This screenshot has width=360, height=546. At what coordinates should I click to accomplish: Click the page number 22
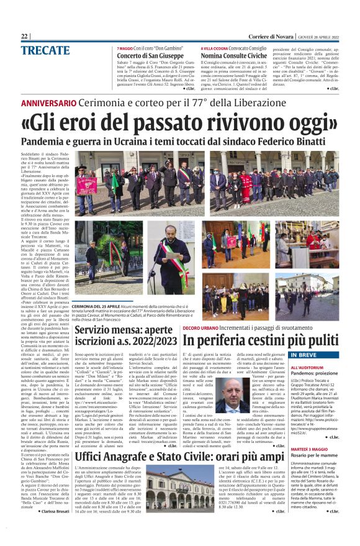(x=25, y=37)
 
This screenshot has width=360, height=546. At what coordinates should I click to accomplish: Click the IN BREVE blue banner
(x=323, y=355)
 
